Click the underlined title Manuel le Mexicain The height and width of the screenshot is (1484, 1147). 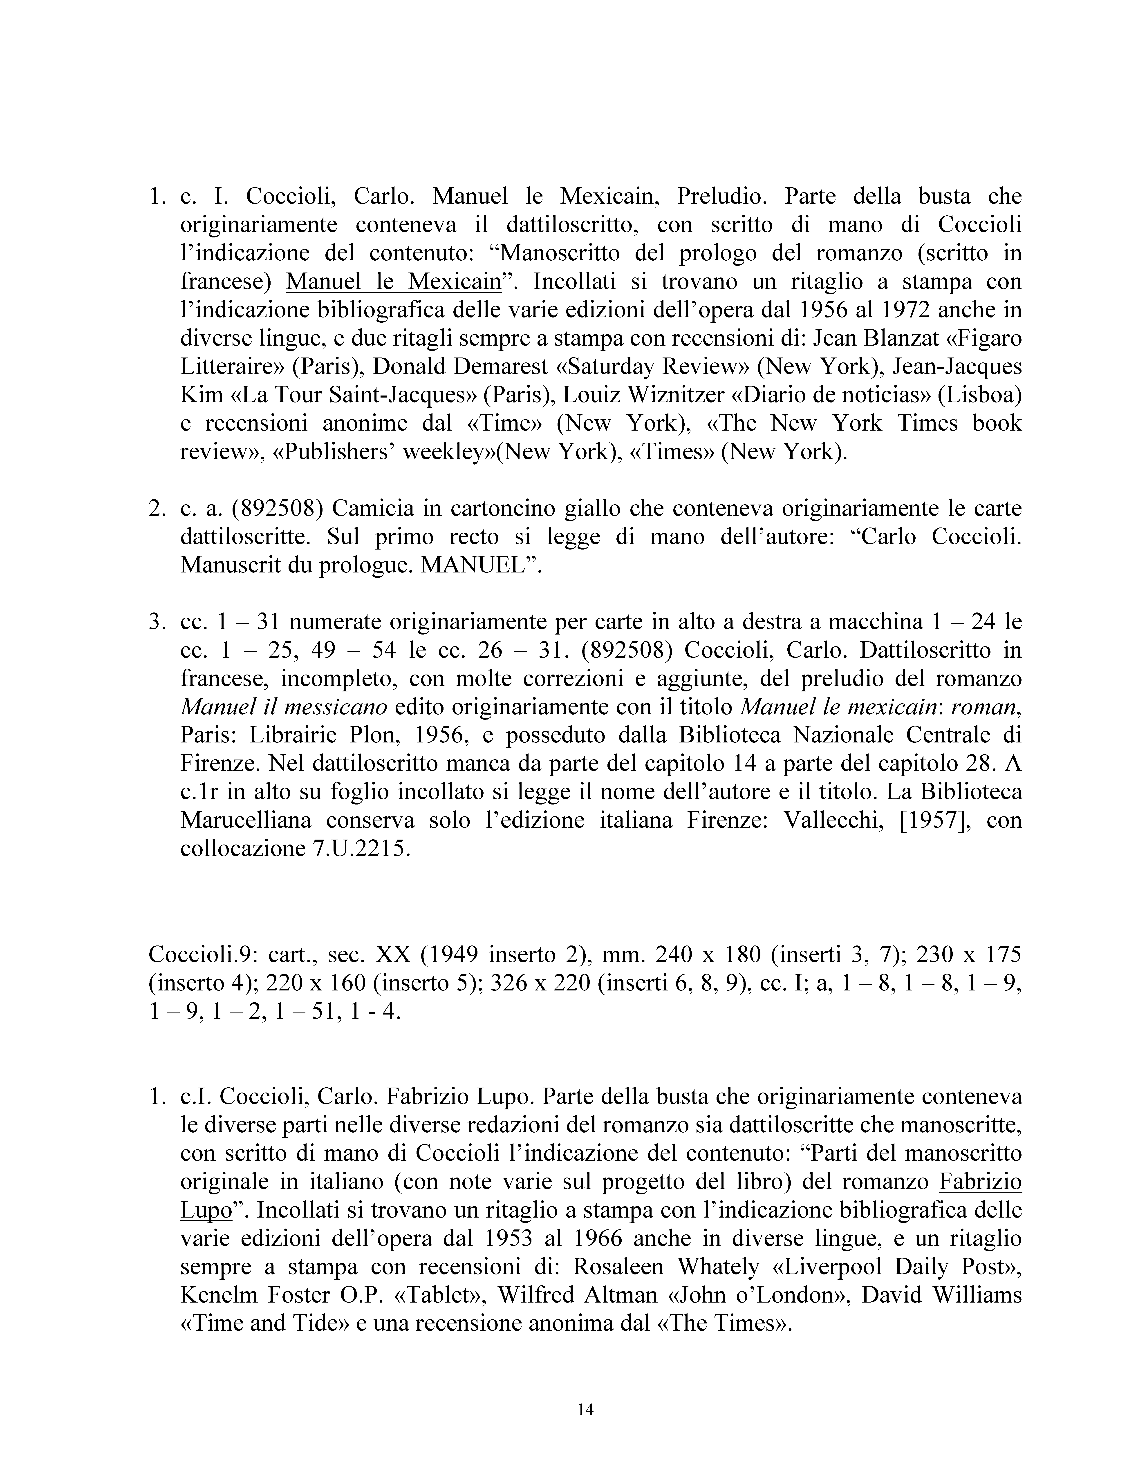pyautogui.click(x=393, y=281)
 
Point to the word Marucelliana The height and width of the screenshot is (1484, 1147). pyautogui.click(x=245, y=820)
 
